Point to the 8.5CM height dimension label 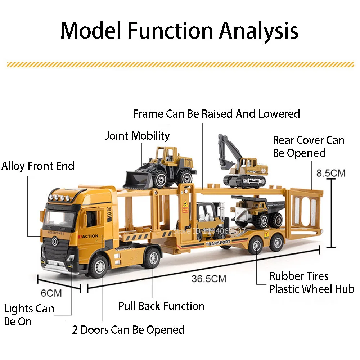(x=331, y=173)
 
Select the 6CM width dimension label (x=51, y=293)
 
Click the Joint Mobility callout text (x=137, y=136)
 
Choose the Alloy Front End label (x=38, y=166)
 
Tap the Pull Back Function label (x=162, y=306)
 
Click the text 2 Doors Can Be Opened (x=129, y=330)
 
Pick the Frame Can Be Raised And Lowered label (x=216, y=114)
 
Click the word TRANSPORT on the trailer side (x=218, y=243)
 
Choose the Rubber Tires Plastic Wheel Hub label (x=312, y=283)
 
